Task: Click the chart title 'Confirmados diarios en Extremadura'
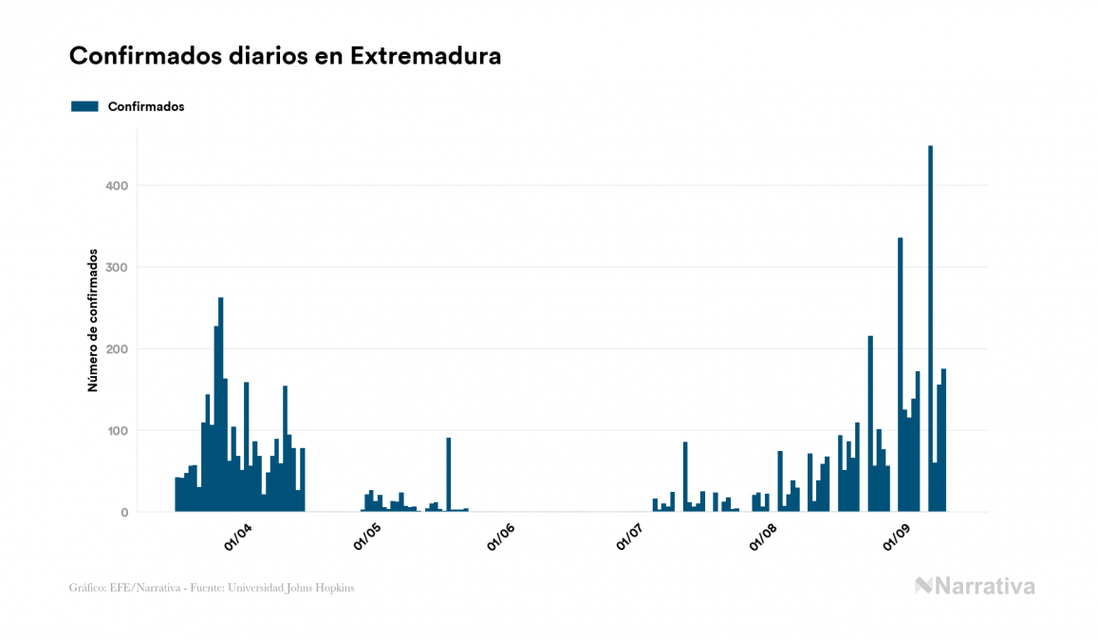[285, 56]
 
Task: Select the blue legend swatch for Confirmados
[84, 106]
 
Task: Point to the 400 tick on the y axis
[117, 185]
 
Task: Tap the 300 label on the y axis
[117, 267]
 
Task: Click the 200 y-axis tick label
[117, 348]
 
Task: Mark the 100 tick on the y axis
[117, 430]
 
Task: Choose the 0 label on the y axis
[123, 512]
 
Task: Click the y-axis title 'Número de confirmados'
[93, 321]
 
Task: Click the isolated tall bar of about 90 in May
[449, 475]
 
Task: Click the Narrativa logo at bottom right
[975, 586]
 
